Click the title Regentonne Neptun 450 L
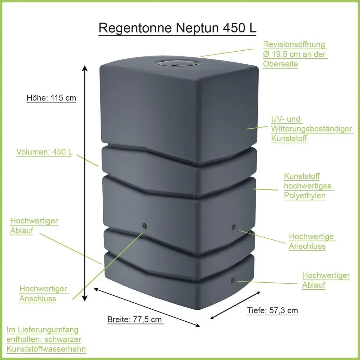pyautogui.click(x=177, y=28)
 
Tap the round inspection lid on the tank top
pyautogui.click(x=177, y=62)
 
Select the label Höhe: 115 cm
pyautogui.click(x=51, y=98)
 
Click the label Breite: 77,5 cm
pyautogui.click(x=135, y=319)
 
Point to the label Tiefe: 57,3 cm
pyautogui.click(x=272, y=310)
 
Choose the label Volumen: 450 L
pyautogui.click(x=44, y=152)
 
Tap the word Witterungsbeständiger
pyautogui.click(x=311, y=129)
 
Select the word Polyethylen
pyautogui.click(x=305, y=195)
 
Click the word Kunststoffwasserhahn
pyautogui.click(x=46, y=349)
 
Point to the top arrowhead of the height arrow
pyautogui.click(x=85, y=69)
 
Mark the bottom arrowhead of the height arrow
pyautogui.click(x=85, y=298)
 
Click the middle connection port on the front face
pyautogui.click(x=144, y=225)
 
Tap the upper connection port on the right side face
pyautogui.click(x=234, y=227)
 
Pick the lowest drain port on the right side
pyautogui.click(x=233, y=280)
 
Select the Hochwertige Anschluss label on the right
pyautogui.click(x=311, y=241)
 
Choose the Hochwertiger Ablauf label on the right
pyautogui.click(x=326, y=280)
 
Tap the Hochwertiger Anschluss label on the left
pyautogui.click(x=43, y=294)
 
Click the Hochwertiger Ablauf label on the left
pyautogui.click(x=34, y=225)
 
